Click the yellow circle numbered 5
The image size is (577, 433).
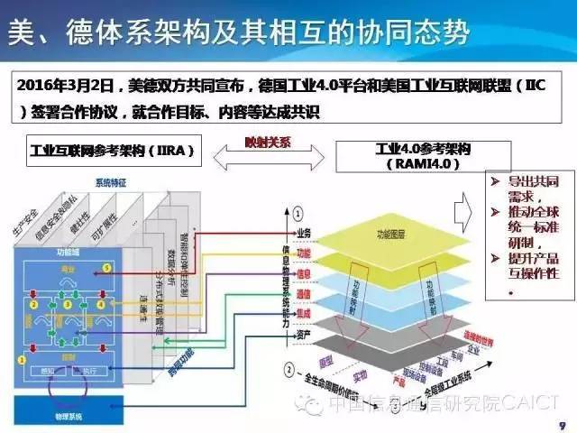(106, 268)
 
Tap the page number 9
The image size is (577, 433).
(562, 421)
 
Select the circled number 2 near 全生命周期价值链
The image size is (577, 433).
(288, 369)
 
